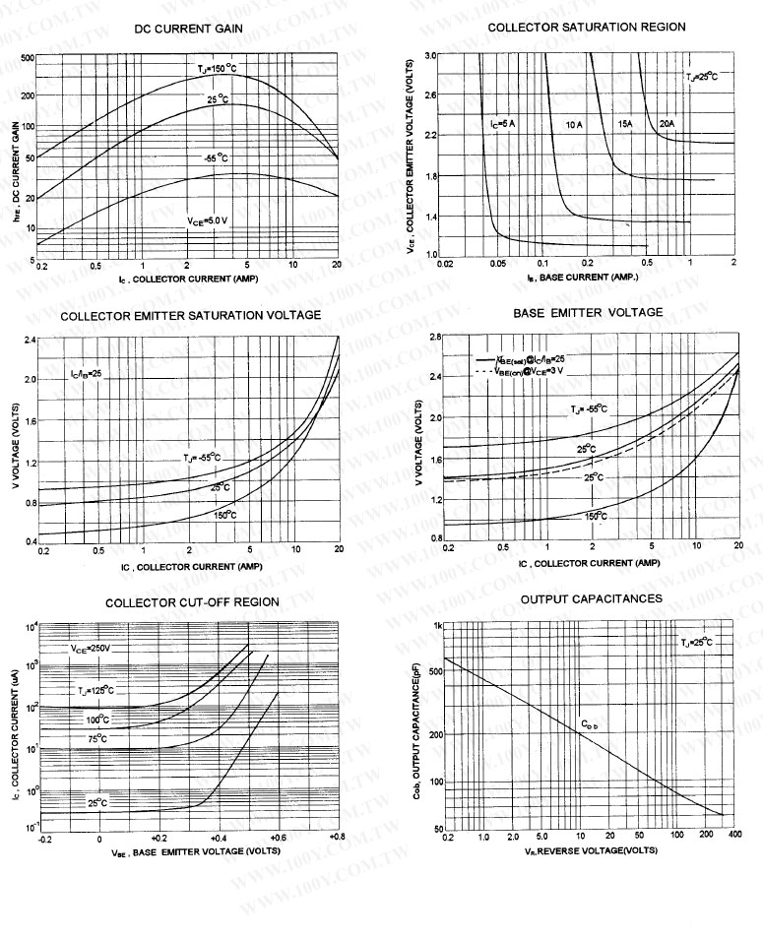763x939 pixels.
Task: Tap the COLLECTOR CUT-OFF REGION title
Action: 192,601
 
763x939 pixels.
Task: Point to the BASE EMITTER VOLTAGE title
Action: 588,312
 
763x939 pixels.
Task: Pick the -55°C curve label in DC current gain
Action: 216,157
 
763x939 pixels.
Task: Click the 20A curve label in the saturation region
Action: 667,123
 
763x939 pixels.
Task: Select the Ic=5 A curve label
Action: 502,123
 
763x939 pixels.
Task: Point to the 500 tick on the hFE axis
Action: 27,59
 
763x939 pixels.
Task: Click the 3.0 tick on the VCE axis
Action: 430,55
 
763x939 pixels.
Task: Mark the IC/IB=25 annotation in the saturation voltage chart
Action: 86,375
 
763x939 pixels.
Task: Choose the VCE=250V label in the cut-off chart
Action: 90,649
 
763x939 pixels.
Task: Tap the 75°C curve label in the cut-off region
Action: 96,738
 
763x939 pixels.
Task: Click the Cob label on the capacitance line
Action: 589,724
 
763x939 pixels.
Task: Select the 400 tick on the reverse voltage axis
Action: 734,836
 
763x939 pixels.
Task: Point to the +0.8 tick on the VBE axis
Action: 336,837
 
